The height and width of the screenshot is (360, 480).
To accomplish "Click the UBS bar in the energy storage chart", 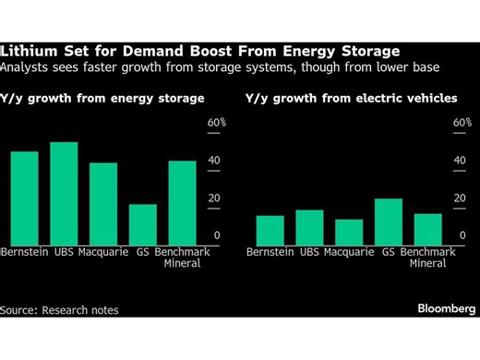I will coord(64,193).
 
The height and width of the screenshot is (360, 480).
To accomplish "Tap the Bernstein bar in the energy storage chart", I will coord(25,198).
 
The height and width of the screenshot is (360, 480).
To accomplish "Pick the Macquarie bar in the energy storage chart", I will coord(103,203).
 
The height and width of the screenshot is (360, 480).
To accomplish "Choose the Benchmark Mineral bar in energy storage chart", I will coord(182,202).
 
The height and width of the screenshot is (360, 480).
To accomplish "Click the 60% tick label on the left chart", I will coord(216,123).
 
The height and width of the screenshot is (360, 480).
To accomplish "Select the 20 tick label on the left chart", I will coord(213,198).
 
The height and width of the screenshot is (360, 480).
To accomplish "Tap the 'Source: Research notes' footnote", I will coord(60,310).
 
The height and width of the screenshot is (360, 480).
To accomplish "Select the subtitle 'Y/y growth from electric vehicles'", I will coord(352,96).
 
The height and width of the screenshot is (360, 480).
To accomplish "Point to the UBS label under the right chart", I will coord(309,252).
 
